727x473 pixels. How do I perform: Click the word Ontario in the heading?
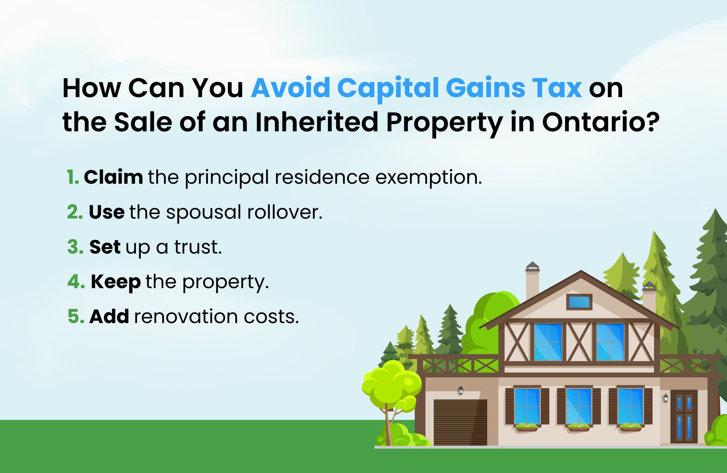(x=601, y=122)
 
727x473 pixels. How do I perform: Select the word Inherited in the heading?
(x=317, y=122)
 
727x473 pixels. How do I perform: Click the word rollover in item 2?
(x=285, y=212)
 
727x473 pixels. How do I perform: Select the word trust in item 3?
(x=198, y=247)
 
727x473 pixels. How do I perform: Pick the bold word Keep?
(x=116, y=282)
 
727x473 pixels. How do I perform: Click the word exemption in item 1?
(x=429, y=178)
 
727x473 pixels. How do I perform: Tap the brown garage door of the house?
(x=460, y=422)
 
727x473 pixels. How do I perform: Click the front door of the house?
(x=684, y=417)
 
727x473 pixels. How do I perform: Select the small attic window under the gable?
(x=579, y=302)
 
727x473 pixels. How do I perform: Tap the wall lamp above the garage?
(x=461, y=390)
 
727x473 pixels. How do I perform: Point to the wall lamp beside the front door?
(x=666, y=398)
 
